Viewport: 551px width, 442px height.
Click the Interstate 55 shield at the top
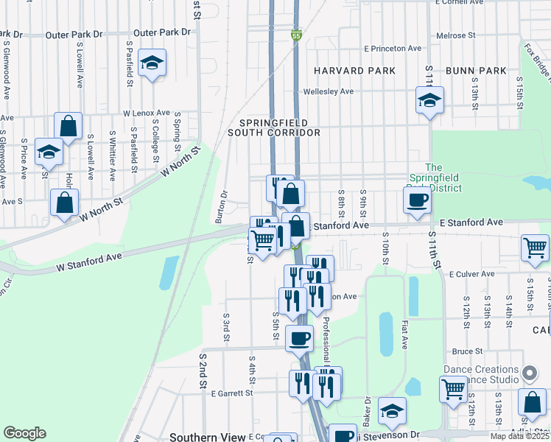(x=296, y=35)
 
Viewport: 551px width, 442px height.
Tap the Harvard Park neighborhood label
(x=354, y=71)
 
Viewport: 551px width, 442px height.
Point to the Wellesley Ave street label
(x=329, y=91)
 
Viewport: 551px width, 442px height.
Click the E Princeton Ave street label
(x=393, y=49)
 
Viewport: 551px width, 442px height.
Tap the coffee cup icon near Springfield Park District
(x=418, y=200)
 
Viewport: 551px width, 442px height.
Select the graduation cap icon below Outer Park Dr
(x=152, y=63)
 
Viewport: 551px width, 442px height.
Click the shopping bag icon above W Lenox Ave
(x=68, y=125)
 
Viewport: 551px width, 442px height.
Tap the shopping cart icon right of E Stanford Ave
(x=536, y=248)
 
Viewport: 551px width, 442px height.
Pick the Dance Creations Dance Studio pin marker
(x=528, y=372)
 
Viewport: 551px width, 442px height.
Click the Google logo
(x=24, y=433)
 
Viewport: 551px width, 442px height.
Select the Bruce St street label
(x=468, y=351)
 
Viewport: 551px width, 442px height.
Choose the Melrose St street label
(x=455, y=35)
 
